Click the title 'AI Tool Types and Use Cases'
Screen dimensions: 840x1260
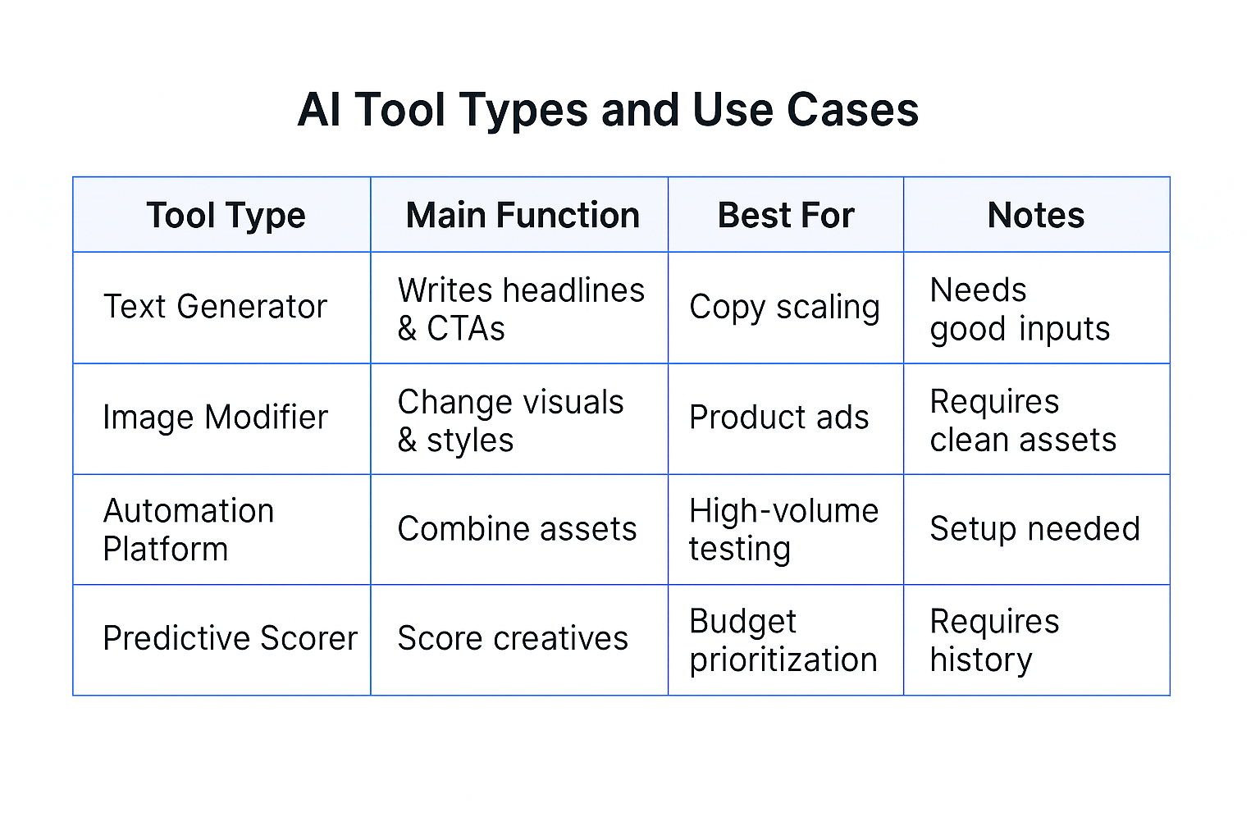pos(608,110)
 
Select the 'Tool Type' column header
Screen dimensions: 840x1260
pos(226,216)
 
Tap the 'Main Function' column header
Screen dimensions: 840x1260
pos(523,216)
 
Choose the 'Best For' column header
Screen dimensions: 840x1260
pos(786,216)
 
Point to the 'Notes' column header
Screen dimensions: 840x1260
pos(1036,216)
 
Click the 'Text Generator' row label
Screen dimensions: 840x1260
pos(215,307)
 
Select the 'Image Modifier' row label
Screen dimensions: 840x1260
pos(215,418)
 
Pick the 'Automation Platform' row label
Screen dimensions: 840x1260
pos(189,530)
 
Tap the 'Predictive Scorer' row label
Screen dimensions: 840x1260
pos(230,638)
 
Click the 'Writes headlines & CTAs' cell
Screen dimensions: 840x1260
pos(521,309)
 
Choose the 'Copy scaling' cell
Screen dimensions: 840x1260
pos(784,308)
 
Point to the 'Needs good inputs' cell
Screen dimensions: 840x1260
pos(1020,309)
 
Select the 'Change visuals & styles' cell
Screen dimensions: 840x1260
pos(510,421)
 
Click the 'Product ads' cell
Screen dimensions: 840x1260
pos(778,418)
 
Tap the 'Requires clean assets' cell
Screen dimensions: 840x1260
pos(1023,421)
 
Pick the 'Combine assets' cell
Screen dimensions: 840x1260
pos(517,529)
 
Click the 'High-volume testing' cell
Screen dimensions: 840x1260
pos(783,530)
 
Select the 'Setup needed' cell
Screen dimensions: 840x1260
pos(1034,529)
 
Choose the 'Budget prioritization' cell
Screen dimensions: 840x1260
pos(783,641)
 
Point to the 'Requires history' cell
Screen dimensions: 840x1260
pos(994,641)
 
